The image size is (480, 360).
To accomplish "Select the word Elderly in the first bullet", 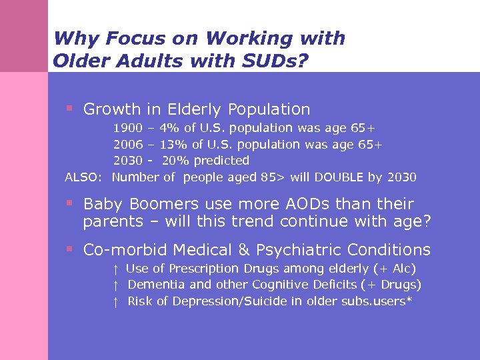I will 197,109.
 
